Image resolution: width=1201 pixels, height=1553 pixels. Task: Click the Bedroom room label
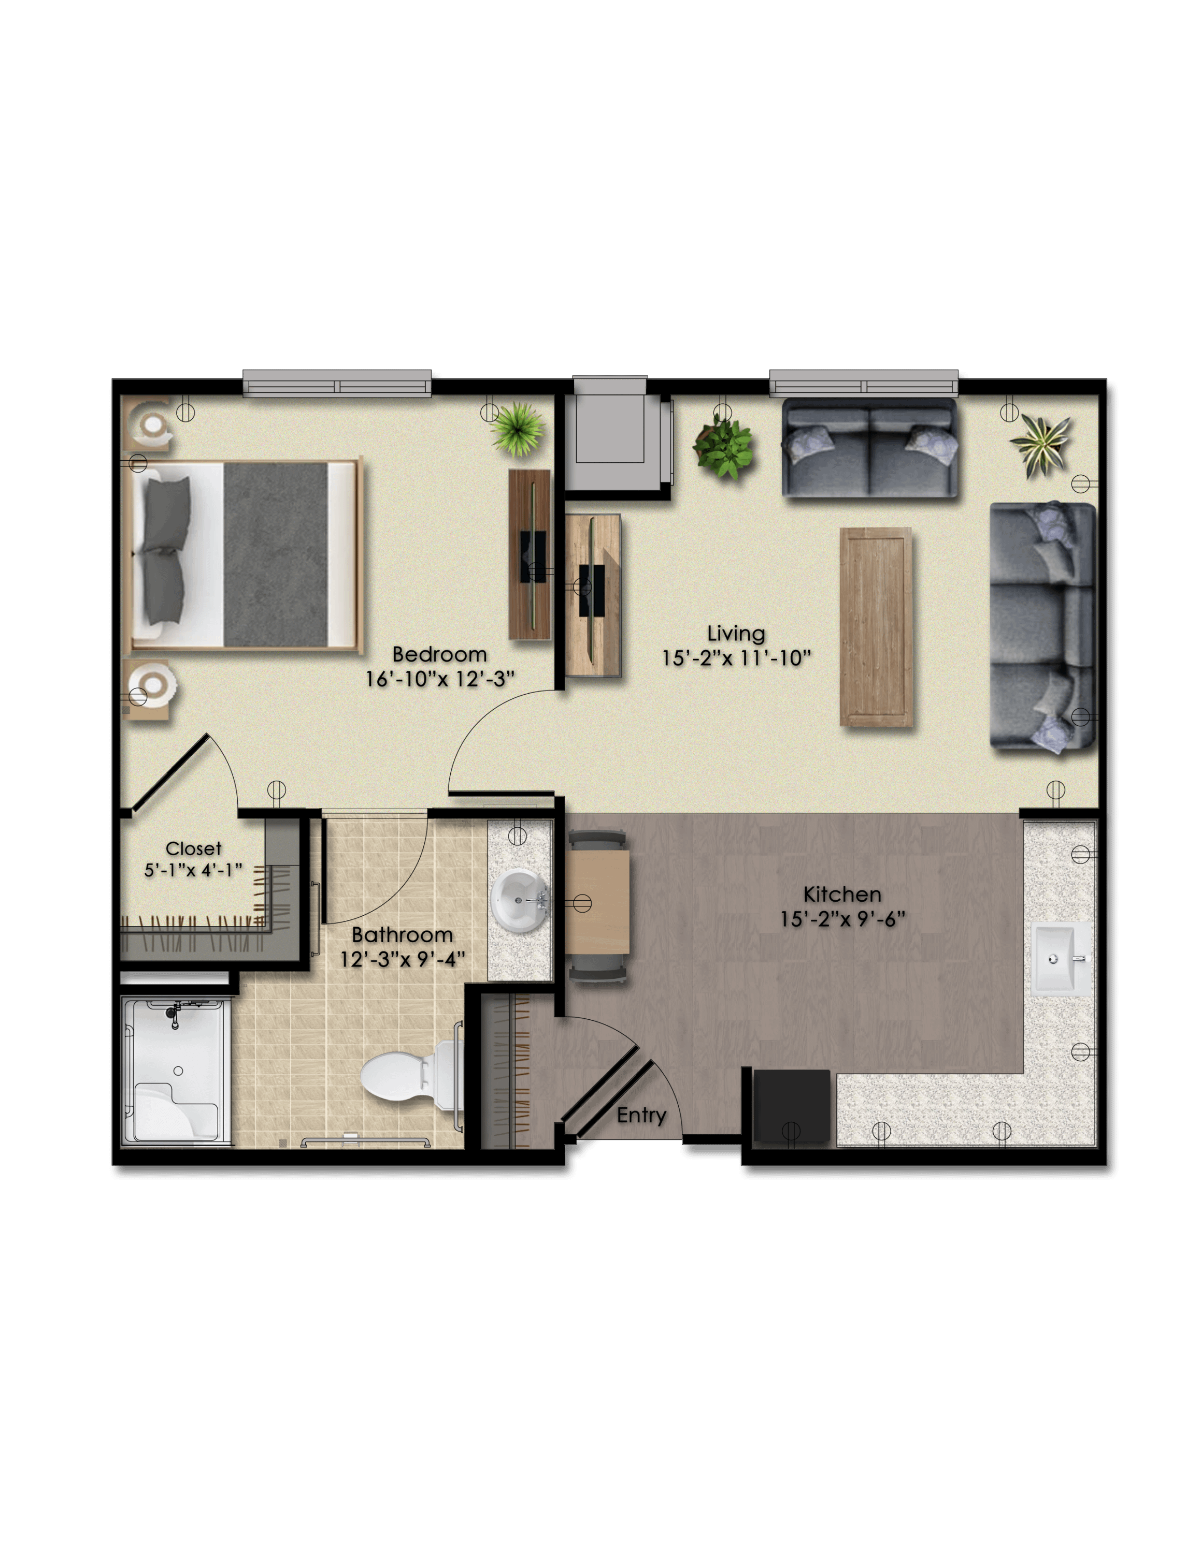click(x=440, y=654)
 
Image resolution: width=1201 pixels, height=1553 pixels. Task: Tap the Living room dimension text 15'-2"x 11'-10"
click(x=736, y=658)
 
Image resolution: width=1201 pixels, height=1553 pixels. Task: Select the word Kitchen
click(x=842, y=895)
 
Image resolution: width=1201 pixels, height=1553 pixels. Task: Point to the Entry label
click(x=641, y=1115)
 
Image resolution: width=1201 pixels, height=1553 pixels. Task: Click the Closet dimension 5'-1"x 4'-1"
click(x=194, y=870)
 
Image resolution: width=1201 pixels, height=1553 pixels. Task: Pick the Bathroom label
click(x=402, y=934)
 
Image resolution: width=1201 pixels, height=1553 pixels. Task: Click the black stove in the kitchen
click(x=791, y=1108)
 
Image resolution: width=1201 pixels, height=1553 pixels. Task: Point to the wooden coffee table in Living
click(x=875, y=627)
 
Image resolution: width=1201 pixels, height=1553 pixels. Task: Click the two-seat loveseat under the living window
click(x=869, y=448)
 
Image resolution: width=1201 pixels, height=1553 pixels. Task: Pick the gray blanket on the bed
click(x=276, y=554)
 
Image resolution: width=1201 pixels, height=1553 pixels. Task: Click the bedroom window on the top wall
click(x=337, y=383)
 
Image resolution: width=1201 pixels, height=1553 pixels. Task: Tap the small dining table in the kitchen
click(x=598, y=902)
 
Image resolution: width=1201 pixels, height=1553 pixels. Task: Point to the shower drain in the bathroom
click(x=179, y=1070)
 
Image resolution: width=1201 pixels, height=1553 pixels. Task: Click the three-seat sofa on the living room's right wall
click(x=1043, y=626)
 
